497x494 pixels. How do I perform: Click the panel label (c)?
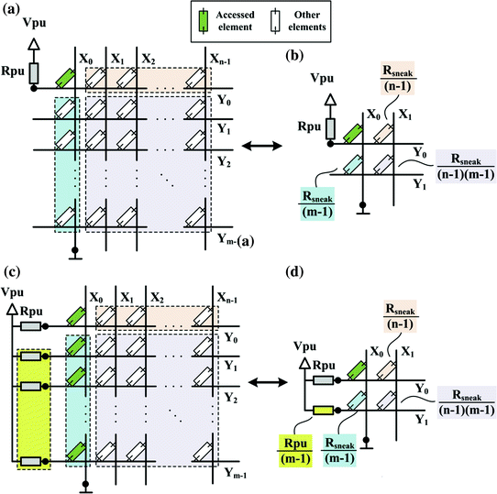12,271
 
